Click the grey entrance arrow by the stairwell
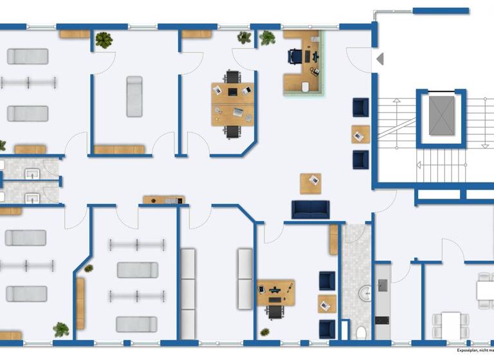click(x=380, y=59)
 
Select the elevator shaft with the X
click(x=441, y=116)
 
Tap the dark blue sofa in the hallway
click(x=311, y=209)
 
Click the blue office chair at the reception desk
click(x=295, y=56)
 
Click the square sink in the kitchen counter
click(x=383, y=285)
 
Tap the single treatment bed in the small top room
click(x=134, y=96)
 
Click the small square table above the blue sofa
click(x=311, y=183)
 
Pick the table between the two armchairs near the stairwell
click(x=360, y=134)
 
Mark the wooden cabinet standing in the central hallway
click(x=163, y=200)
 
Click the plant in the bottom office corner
click(x=264, y=332)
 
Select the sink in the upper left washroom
click(x=31, y=173)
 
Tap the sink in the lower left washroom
click(x=31, y=196)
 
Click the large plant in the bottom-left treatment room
click(x=62, y=330)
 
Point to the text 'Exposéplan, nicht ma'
click(x=475, y=351)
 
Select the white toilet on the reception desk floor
click(x=306, y=87)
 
